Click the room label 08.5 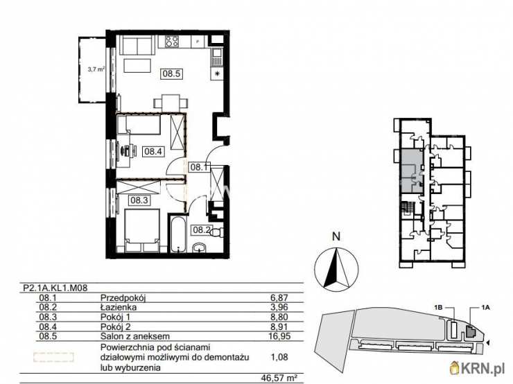click(171, 73)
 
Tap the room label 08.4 click(153, 151)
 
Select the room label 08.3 click(139, 200)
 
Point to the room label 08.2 click(200, 229)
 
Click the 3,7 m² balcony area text click(96, 69)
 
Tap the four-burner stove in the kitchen click(172, 41)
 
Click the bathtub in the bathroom click(177, 234)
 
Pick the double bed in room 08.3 click(142, 231)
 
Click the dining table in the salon click(171, 101)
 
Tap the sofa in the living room click(137, 45)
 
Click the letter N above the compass click(336, 236)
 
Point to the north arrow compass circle click(336, 269)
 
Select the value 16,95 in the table click(280, 336)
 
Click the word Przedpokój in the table click(123, 298)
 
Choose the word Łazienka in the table click(119, 307)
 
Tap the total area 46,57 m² click(279, 378)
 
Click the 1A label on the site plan click(485, 307)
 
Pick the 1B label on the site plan click(438, 307)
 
